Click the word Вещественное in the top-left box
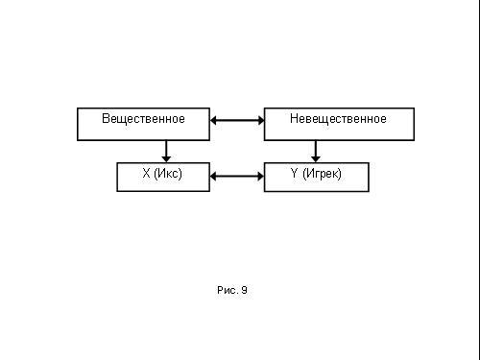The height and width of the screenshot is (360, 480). point(143,119)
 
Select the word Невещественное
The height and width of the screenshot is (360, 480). point(338,119)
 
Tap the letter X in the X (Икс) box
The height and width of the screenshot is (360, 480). point(146,173)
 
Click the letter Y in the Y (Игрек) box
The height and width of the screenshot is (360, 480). point(294,173)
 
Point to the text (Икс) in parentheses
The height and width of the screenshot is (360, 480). point(168,174)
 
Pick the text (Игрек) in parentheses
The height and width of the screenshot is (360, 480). point(322,174)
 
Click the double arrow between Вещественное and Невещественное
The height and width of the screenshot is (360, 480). point(237,120)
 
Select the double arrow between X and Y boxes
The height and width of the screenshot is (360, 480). point(237,176)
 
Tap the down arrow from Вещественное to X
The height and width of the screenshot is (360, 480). point(166,152)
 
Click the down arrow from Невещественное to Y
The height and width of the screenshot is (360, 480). point(316,152)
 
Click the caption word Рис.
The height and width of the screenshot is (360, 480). point(227,290)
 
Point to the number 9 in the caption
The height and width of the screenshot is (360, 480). point(244,290)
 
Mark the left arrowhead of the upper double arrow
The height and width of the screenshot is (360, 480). point(213,120)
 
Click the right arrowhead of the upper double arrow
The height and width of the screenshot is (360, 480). point(261,120)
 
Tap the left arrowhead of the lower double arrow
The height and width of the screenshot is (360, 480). point(213,176)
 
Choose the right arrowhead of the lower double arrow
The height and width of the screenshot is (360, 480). point(261,176)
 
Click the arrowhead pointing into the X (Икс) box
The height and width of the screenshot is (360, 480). point(166,159)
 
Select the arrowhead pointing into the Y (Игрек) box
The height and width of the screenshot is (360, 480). point(316,159)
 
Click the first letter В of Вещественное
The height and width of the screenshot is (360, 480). point(106,118)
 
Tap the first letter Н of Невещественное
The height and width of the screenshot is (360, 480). point(294,118)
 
